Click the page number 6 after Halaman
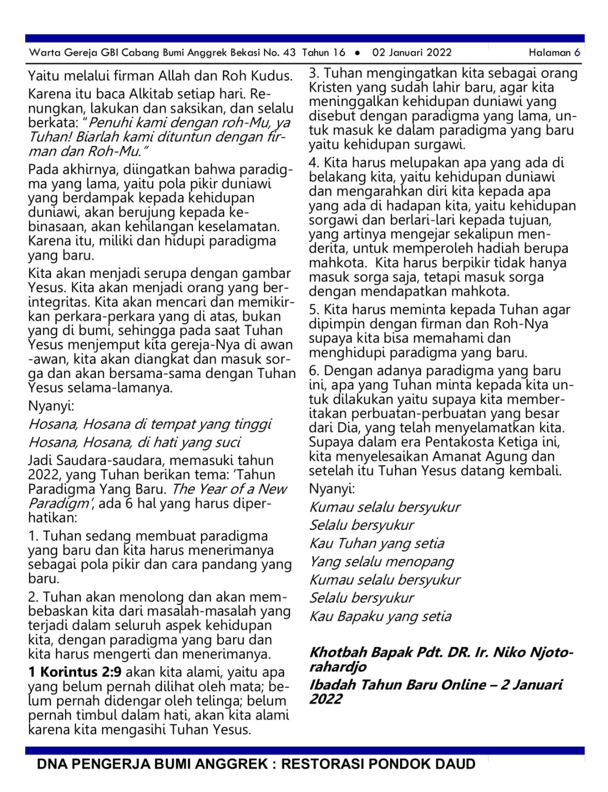tap(577, 52)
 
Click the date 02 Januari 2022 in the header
tap(412, 52)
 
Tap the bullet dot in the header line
tap(357, 53)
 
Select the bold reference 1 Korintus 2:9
tap(75, 672)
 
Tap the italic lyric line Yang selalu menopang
tap(382, 562)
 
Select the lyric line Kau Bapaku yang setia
tap(380, 616)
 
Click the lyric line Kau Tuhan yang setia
tap(376, 543)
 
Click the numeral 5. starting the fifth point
tap(314, 309)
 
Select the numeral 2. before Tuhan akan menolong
tap(34, 597)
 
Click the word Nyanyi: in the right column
tap(332, 488)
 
